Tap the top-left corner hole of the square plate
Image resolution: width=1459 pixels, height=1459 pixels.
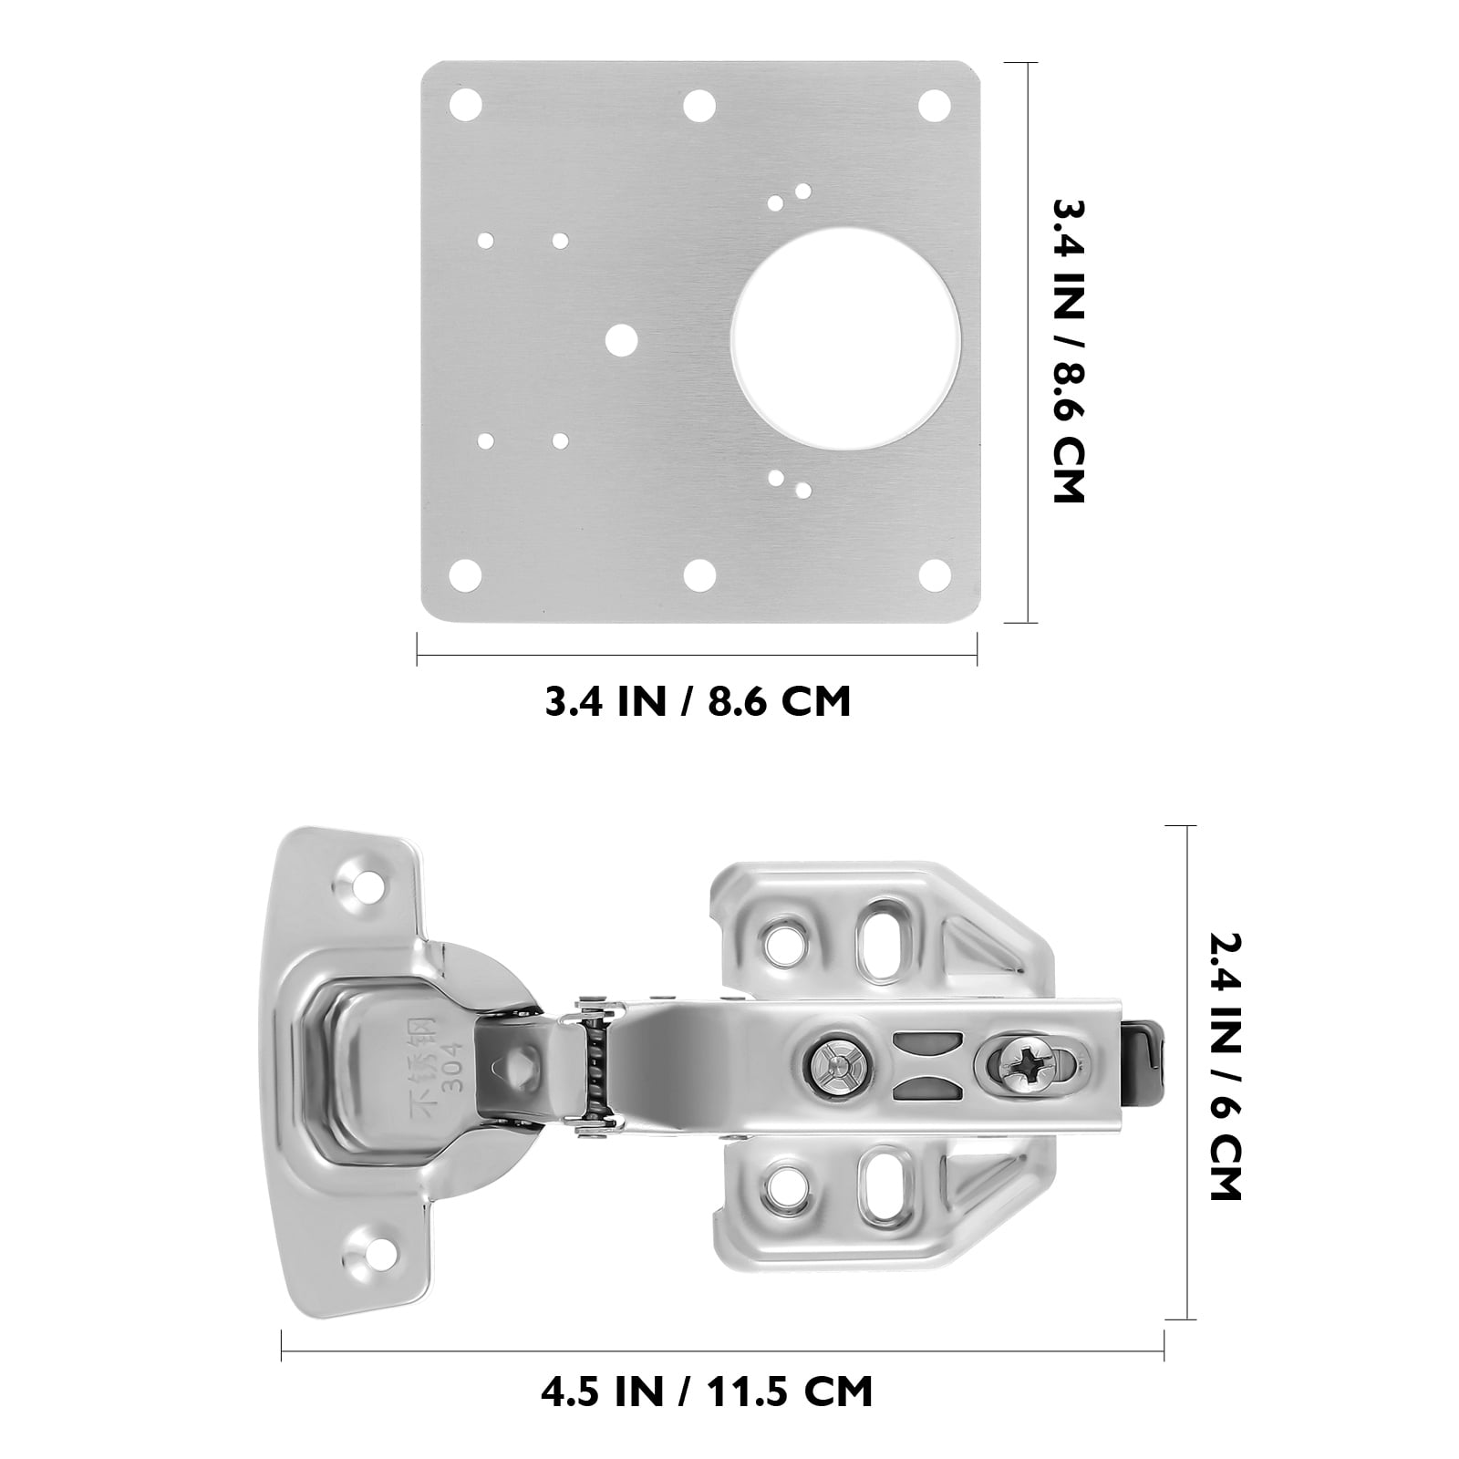tap(467, 104)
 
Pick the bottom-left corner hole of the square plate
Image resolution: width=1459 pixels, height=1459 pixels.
tap(467, 574)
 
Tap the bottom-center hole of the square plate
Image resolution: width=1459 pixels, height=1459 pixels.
tap(700, 574)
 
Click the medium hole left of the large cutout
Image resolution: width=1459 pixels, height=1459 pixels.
tap(623, 339)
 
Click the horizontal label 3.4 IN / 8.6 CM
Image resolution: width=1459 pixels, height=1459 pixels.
tap(698, 702)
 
